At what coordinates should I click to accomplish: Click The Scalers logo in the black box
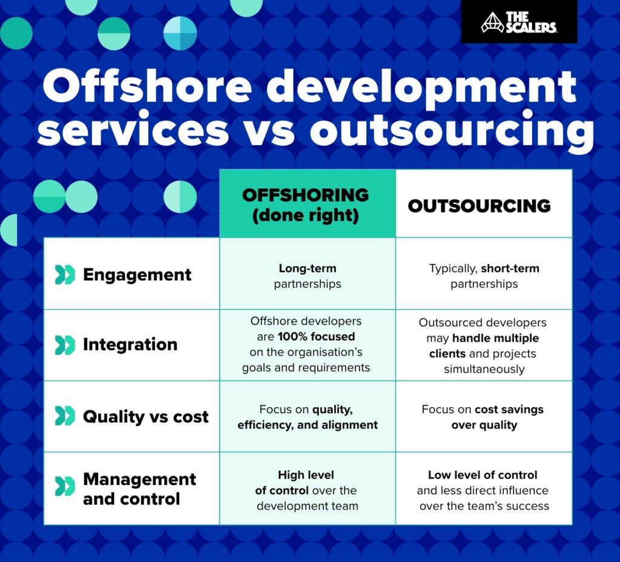tap(519, 22)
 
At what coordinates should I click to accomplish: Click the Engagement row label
tap(137, 274)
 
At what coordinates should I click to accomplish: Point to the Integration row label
tap(130, 345)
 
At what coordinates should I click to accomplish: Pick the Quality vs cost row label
tap(145, 417)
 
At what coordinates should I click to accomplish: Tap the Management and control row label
tap(139, 489)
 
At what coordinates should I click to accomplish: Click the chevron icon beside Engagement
tap(64, 274)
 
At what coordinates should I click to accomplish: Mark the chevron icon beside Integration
tap(64, 345)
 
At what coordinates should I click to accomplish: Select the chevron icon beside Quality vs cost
tap(64, 417)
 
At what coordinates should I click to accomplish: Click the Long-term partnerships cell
tap(308, 276)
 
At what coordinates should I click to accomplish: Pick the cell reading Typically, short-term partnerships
tap(484, 276)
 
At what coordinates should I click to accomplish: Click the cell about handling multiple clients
tap(484, 345)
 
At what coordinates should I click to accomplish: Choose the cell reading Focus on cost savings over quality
tap(483, 417)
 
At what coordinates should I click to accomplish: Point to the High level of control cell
tap(306, 490)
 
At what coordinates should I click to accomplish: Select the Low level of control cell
tap(483, 490)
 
